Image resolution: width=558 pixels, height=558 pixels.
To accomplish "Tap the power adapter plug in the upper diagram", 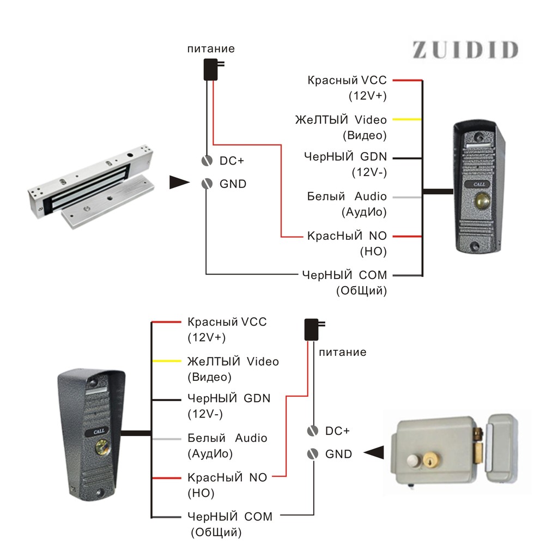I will (210, 69).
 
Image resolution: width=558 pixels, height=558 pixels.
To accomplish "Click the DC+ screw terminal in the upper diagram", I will (207, 161).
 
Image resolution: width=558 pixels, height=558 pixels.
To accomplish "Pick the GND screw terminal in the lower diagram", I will (312, 453).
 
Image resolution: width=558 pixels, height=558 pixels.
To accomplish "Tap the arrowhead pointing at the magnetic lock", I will (179, 183).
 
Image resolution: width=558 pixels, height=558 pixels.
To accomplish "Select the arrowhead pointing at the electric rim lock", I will (374, 452).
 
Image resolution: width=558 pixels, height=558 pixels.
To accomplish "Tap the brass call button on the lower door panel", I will (101, 448).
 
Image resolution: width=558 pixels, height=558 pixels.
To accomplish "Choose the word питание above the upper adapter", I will (211, 49).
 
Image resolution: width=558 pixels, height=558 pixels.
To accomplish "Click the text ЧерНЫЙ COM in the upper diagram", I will (344, 275).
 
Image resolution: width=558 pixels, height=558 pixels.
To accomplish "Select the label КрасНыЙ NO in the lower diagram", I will (227, 478).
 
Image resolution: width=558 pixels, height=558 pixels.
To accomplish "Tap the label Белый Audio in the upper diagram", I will (347, 196).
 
